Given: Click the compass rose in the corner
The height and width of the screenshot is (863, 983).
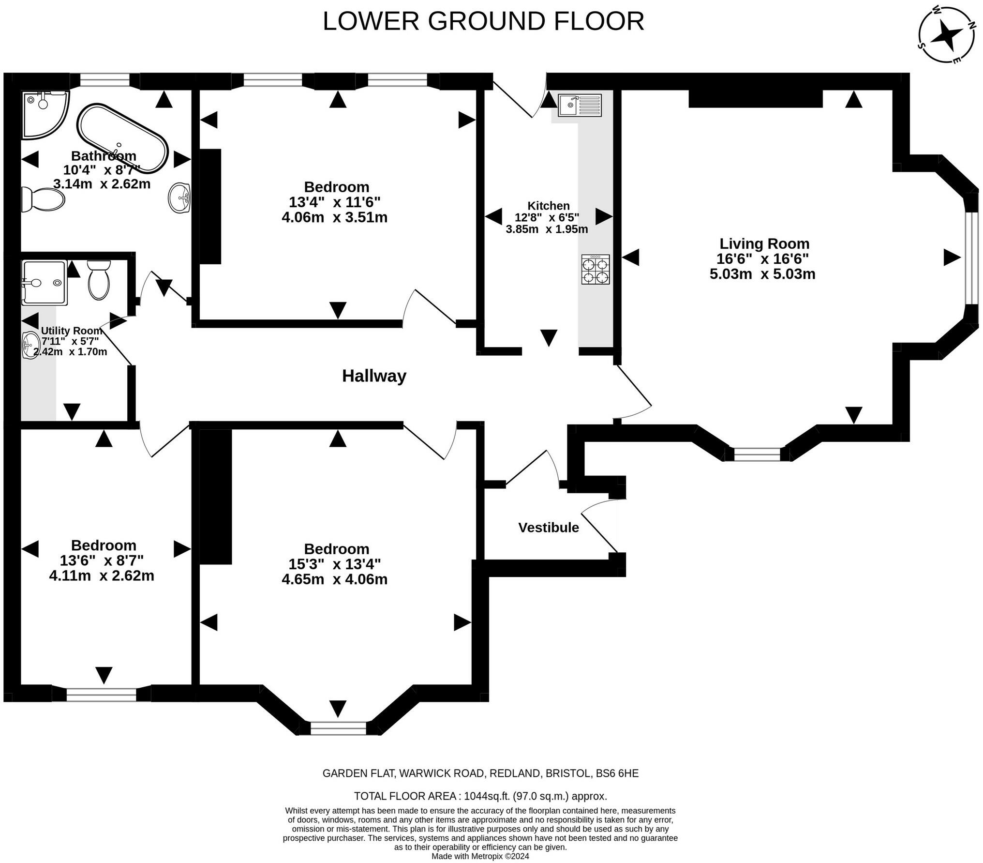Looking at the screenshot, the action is tap(947, 41).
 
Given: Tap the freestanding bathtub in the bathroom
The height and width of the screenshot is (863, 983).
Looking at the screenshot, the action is tap(123, 138).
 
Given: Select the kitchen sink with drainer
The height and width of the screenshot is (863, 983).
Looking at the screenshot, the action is tap(580, 105).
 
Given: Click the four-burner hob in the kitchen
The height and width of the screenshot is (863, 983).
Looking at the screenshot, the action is tap(596, 269).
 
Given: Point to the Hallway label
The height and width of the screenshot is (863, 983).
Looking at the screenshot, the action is tap(374, 376).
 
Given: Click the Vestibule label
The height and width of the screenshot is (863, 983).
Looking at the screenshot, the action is tap(549, 527).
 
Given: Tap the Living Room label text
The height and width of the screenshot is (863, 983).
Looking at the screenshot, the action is tap(764, 243).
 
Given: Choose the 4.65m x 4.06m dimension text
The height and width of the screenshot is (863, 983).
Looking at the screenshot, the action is tap(335, 579).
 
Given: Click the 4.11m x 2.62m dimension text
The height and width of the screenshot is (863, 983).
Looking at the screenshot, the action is tap(102, 575).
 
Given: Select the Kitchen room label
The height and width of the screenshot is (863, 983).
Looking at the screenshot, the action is tap(549, 206).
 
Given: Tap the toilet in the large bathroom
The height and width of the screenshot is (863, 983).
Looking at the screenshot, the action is tap(44, 199).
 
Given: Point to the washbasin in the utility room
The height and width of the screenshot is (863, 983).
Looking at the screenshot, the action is tap(31, 345).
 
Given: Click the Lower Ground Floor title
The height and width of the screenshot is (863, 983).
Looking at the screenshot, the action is tap(483, 21).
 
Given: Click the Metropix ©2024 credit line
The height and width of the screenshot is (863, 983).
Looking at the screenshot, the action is tap(480, 856).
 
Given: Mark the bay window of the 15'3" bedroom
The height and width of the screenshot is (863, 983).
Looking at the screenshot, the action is tap(338, 728).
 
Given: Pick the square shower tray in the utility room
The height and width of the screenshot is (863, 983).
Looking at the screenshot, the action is tap(44, 283).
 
